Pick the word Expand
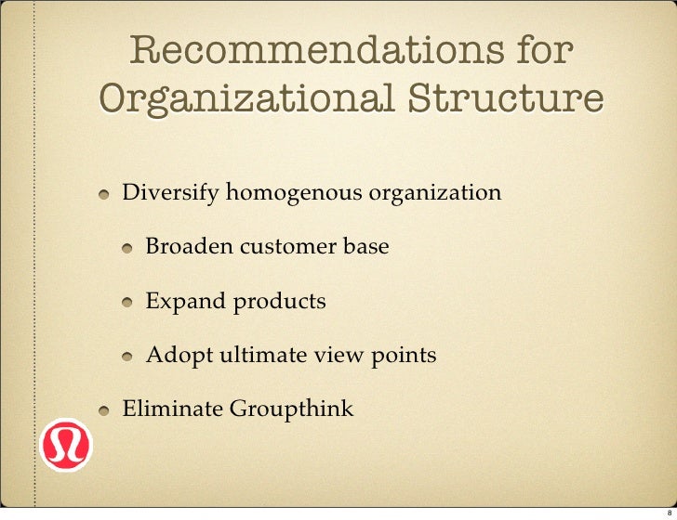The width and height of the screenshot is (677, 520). pyautogui.click(x=185, y=302)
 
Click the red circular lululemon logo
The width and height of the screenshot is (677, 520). pyautogui.click(x=66, y=445)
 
